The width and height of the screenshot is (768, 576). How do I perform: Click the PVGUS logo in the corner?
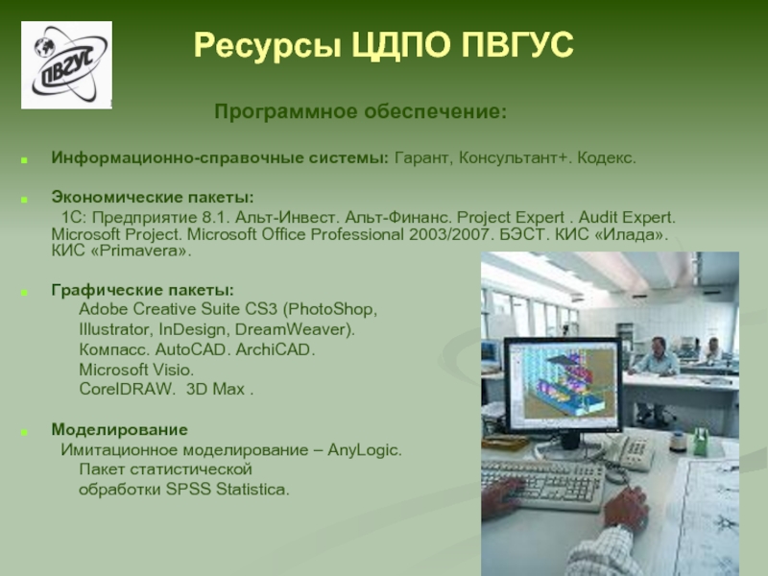[66, 64]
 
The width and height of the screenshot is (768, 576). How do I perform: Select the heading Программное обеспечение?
[360, 111]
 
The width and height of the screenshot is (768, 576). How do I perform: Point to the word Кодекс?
[607, 157]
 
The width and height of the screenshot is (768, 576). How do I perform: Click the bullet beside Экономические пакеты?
[24, 200]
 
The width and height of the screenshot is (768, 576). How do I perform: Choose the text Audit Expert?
[627, 218]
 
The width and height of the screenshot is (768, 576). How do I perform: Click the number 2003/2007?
[449, 234]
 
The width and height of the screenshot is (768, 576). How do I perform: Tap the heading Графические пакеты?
[142, 290]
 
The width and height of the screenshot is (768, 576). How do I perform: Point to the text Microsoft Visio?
[136, 370]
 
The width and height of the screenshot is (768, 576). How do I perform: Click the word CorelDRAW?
[127, 389]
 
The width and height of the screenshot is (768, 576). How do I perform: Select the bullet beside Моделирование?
[24, 432]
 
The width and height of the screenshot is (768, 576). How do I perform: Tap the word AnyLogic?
[365, 450]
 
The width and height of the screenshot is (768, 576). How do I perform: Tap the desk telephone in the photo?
[631, 451]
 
